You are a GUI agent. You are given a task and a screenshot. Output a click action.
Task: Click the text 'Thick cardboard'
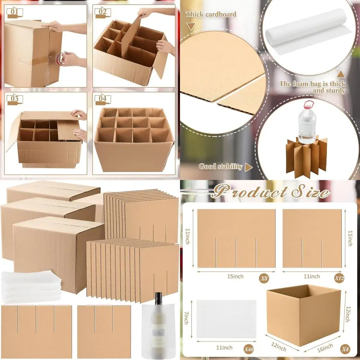211,14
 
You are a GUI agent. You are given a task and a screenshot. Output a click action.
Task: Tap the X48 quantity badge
248,349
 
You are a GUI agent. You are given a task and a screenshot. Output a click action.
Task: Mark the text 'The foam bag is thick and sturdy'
312,87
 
